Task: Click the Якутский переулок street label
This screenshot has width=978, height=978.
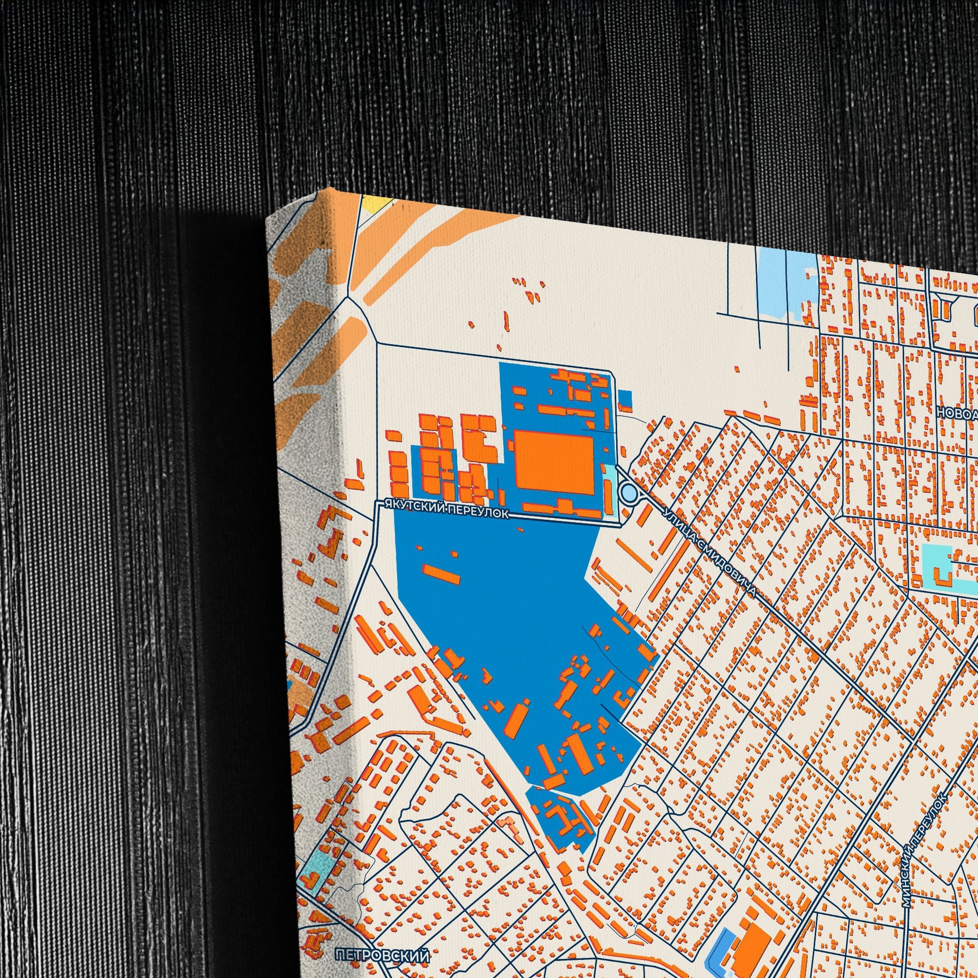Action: (446, 509)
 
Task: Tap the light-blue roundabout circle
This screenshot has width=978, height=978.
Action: (628, 491)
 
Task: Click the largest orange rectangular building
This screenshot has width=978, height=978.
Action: (554, 461)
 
